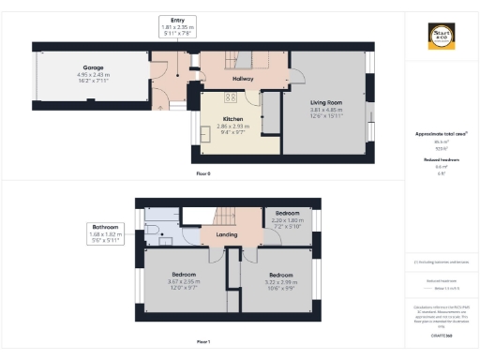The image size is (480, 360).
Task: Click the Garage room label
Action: pyautogui.click(x=92, y=67)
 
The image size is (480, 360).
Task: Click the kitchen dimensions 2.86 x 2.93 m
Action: pyautogui.click(x=234, y=127)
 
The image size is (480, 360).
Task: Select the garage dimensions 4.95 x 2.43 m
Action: pyautogui.click(x=92, y=74)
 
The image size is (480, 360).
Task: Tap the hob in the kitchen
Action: pyautogui.click(x=229, y=97)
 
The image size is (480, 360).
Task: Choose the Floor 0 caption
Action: pyautogui.click(x=203, y=174)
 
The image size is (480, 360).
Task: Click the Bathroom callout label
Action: pyautogui.click(x=105, y=226)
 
